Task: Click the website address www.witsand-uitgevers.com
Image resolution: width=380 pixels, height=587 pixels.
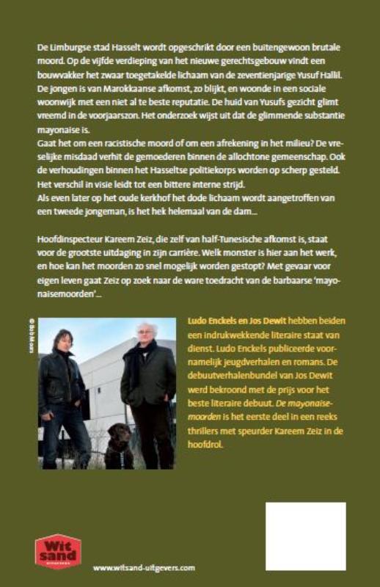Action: [144, 567]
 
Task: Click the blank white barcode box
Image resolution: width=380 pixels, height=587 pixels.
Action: [316, 536]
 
